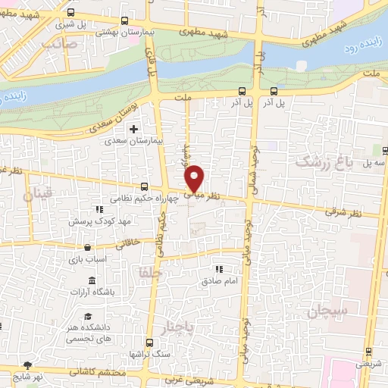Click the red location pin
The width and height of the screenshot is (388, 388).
click(x=195, y=178)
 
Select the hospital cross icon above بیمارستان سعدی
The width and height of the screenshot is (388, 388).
click(x=134, y=129)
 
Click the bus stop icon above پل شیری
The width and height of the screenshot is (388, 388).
click(x=70, y=13)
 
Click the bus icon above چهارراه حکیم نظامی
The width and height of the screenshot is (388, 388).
click(x=144, y=186)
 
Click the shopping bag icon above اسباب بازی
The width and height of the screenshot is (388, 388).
click(x=89, y=247)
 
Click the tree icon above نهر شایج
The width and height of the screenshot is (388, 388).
click(x=29, y=365)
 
